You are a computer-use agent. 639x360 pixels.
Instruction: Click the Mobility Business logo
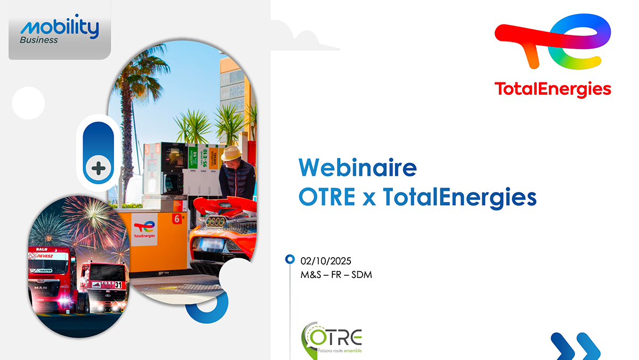tap(60, 30)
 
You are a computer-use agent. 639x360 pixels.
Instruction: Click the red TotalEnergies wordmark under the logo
tap(553, 88)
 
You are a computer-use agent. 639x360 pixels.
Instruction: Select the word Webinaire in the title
tap(357, 168)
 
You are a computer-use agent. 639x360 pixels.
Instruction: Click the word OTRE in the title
tap(326, 198)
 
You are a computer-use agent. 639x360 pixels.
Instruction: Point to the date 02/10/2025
tap(326, 261)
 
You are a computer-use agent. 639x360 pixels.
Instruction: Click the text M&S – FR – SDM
tap(332, 275)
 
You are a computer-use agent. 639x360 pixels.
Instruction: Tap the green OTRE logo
tap(331, 338)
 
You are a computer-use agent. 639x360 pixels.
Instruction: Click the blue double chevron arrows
tap(575, 346)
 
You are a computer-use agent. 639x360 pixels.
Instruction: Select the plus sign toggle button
tap(98, 169)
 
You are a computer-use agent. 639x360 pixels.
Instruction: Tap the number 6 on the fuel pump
tap(176, 218)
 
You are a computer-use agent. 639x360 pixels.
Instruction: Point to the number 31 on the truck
tap(118, 285)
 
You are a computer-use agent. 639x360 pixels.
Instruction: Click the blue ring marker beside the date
tap(290, 259)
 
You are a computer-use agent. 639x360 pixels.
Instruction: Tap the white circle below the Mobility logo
tap(28, 102)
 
